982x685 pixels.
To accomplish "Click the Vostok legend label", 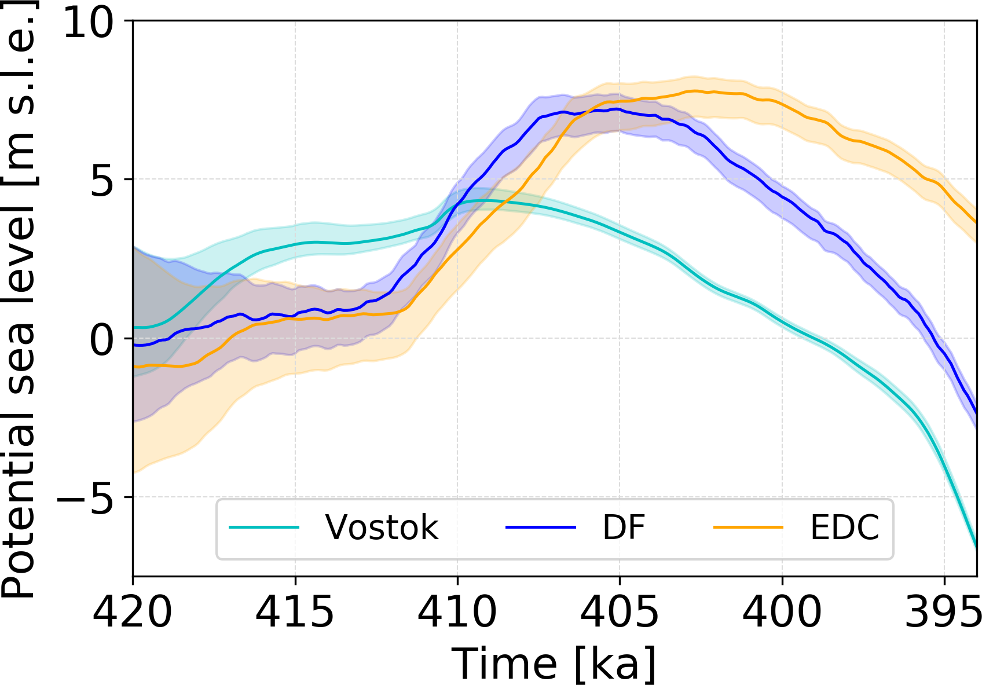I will click(x=382, y=528).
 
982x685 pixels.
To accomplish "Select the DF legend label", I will click(x=624, y=528).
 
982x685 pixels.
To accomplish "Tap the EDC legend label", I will click(x=844, y=528).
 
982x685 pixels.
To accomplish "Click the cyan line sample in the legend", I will click(x=264, y=528).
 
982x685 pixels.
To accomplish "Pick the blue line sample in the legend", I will click(x=541, y=528).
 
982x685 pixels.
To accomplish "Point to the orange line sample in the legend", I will click(x=748, y=528).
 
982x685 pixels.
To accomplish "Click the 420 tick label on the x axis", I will click(x=133, y=611).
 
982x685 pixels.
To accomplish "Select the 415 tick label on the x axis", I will click(x=295, y=611).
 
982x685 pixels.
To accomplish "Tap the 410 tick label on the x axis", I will click(x=457, y=611).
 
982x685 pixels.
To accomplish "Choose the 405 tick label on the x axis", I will click(x=620, y=611).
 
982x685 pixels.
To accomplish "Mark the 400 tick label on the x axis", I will click(x=782, y=611).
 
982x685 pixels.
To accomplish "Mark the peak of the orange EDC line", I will click(x=695, y=91).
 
